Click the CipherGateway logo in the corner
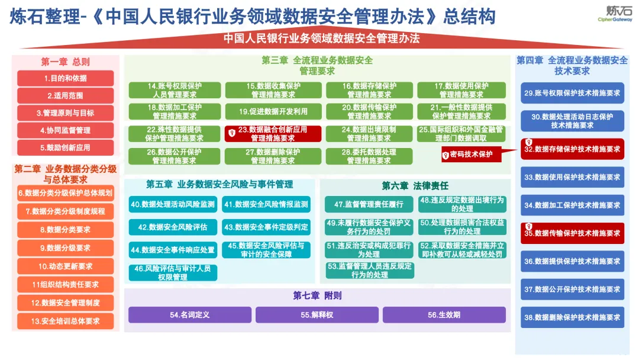(615, 14)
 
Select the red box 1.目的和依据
(65, 78)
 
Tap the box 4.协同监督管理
(65, 130)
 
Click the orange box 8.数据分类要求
(65, 230)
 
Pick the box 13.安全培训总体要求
(65, 322)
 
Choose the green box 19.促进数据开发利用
(273, 111)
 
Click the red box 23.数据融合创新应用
(273, 134)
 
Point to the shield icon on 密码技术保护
(446, 155)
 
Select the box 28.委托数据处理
(369, 156)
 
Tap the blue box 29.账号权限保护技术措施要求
(572, 93)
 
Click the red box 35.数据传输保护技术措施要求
(572, 233)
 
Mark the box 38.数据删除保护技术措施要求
(572, 317)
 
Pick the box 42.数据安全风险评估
(173, 227)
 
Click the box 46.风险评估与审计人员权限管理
(173, 273)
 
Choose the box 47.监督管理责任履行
(369, 204)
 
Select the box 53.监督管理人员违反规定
(370, 271)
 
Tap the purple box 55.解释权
(317, 315)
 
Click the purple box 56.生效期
(444, 315)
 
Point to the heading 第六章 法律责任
(415, 186)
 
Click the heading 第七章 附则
(317, 295)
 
